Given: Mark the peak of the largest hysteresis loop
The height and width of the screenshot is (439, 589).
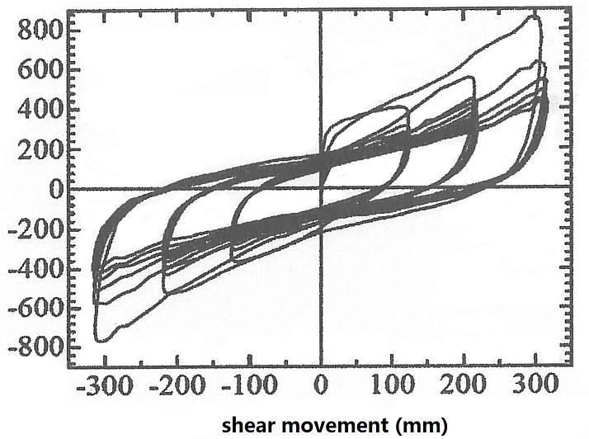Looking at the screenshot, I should click(534, 17).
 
